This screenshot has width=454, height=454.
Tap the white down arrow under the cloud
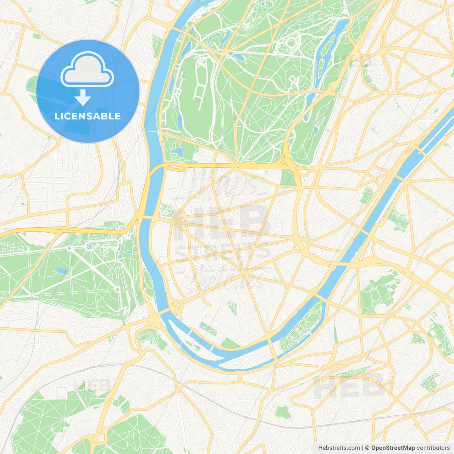[x=83, y=97]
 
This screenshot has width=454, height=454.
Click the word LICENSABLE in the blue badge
[x=88, y=116]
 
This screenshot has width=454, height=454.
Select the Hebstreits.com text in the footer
[x=339, y=448]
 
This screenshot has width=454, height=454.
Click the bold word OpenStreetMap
[x=393, y=448]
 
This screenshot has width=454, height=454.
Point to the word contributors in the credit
[x=433, y=448]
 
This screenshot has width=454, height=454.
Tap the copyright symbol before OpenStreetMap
[x=367, y=448]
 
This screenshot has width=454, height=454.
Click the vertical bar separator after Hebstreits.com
[x=362, y=448]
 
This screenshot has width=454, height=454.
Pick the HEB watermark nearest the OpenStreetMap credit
[x=349, y=386]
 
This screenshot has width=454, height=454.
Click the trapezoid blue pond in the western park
[x=62, y=271]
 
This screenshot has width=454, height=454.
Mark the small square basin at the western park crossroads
[x=117, y=289]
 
